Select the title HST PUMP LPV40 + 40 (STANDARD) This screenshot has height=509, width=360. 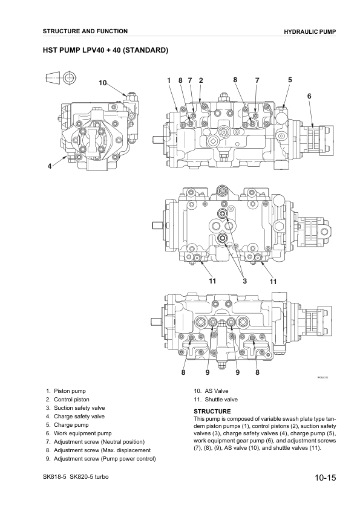(x=105, y=50)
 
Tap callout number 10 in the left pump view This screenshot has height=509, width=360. (x=103, y=83)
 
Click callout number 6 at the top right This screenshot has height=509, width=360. (x=309, y=96)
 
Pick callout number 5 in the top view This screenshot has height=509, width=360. (x=290, y=80)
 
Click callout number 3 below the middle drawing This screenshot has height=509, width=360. (x=244, y=281)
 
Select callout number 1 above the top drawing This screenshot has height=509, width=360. (x=169, y=80)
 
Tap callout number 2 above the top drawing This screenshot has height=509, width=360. (x=200, y=80)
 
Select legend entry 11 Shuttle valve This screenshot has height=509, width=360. (x=215, y=400)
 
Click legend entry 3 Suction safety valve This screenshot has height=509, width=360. (x=79, y=408)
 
